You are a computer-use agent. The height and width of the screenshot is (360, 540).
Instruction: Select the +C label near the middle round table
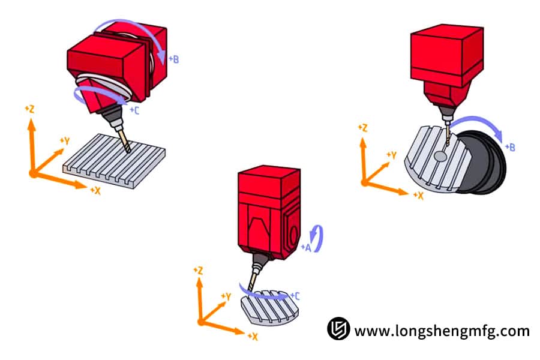pyautogui.click(x=296, y=296)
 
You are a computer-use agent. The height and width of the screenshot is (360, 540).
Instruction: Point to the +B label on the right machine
pyautogui.click(x=511, y=147)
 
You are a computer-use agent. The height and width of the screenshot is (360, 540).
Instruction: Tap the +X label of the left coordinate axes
pyautogui.click(x=95, y=190)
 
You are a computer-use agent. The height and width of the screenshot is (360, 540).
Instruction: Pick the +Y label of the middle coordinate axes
pyautogui.click(x=226, y=296)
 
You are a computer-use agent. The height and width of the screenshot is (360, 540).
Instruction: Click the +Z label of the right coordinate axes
pyautogui.click(x=362, y=128)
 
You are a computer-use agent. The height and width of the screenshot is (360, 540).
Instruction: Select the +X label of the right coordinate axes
pyautogui.click(x=418, y=196)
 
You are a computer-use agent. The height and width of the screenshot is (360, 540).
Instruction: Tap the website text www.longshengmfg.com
pyautogui.click(x=442, y=330)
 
